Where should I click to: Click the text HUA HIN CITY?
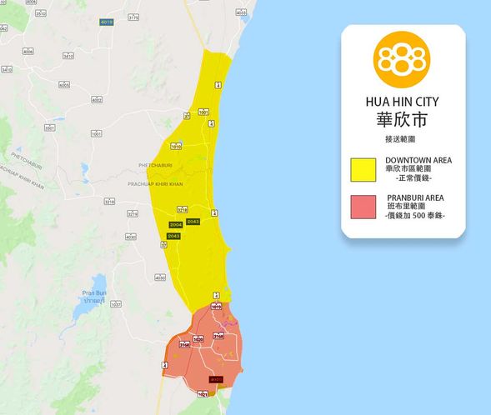point(402,101)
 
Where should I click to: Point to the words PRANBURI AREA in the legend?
point(414,197)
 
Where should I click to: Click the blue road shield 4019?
point(106,22)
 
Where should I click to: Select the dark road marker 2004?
point(175,225)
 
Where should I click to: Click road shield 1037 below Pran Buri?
point(116,304)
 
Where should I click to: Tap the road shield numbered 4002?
point(97,100)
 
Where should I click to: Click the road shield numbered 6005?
point(64,84)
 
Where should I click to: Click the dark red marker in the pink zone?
point(216,380)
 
